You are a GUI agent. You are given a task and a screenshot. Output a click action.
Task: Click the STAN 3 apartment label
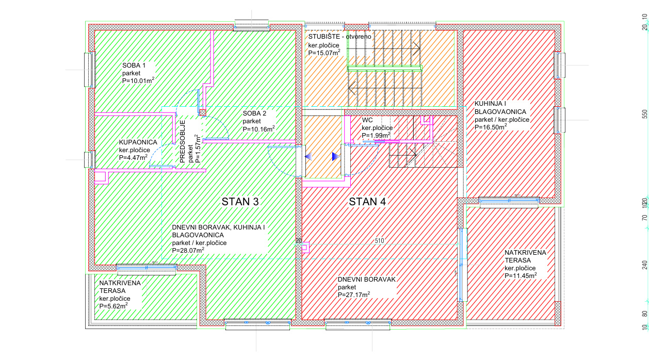click(x=240, y=202)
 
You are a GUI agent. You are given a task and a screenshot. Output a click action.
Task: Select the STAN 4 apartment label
click(x=367, y=202)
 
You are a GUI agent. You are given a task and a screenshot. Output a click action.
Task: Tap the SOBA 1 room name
click(x=134, y=66)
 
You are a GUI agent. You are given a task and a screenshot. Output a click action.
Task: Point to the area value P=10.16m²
click(x=259, y=129)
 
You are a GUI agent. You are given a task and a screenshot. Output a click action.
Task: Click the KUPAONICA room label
click(x=138, y=142)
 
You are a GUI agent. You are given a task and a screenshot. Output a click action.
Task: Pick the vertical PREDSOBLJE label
click(x=183, y=142)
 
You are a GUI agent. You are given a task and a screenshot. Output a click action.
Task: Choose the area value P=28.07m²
click(x=188, y=250)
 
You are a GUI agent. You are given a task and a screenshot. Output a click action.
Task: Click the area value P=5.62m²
click(x=113, y=306)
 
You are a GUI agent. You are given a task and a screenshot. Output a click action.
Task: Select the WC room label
click(x=367, y=120)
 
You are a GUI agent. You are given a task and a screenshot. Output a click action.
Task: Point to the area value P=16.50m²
click(x=491, y=126)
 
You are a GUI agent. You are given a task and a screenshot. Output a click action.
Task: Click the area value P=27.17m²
click(x=354, y=294)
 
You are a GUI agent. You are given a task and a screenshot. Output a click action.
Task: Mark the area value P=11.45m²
click(x=521, y=275)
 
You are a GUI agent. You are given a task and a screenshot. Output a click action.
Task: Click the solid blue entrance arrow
click(x=336, y=156)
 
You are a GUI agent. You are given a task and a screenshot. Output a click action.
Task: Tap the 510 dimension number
click(x=379, y=241)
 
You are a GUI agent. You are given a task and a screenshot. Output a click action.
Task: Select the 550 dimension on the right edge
click(x=645, y=114)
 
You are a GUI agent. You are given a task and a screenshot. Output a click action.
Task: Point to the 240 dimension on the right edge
click(x=645, y=265)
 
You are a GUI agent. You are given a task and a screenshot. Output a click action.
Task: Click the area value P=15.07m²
click(x=324, y=53)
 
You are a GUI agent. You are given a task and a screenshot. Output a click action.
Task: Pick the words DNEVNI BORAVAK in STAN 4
click(x=366, y=280)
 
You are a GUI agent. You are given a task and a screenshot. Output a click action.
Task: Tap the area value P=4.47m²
click(x=133, y=157)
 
